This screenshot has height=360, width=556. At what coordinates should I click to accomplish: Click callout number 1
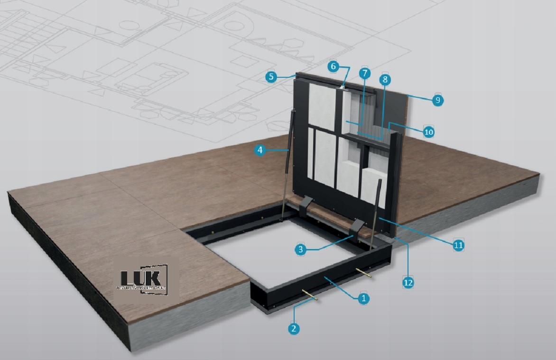point(363,298)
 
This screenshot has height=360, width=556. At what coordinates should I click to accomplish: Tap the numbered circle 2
point(294,328)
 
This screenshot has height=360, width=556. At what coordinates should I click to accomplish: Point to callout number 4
point(259,150)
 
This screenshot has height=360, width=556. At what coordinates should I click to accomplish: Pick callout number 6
point(334,67)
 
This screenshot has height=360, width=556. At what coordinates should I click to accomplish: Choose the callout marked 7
point(364,74)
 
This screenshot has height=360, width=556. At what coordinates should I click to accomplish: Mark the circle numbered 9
point(437,100)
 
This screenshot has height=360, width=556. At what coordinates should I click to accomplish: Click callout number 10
point(428,132)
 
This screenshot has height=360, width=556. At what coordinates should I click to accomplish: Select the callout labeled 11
point(458,245)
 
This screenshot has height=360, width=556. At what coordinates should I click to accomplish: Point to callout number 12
point(408,282)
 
